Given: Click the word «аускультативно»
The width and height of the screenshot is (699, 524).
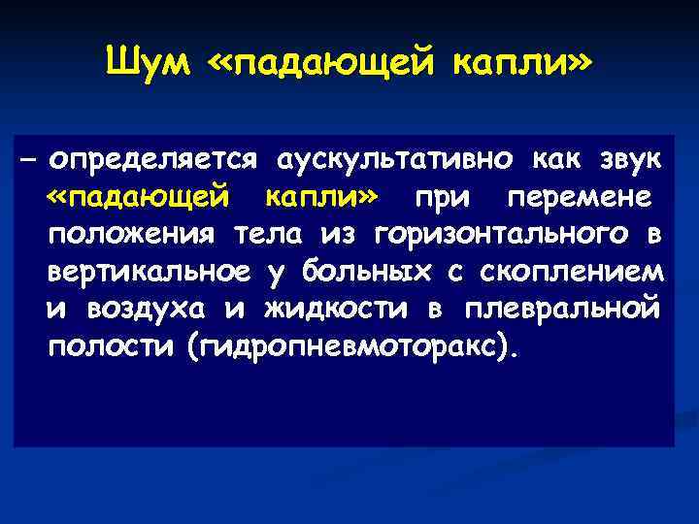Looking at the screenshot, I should (395, 158).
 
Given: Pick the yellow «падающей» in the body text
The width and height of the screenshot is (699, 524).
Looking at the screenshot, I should (139, 198).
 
